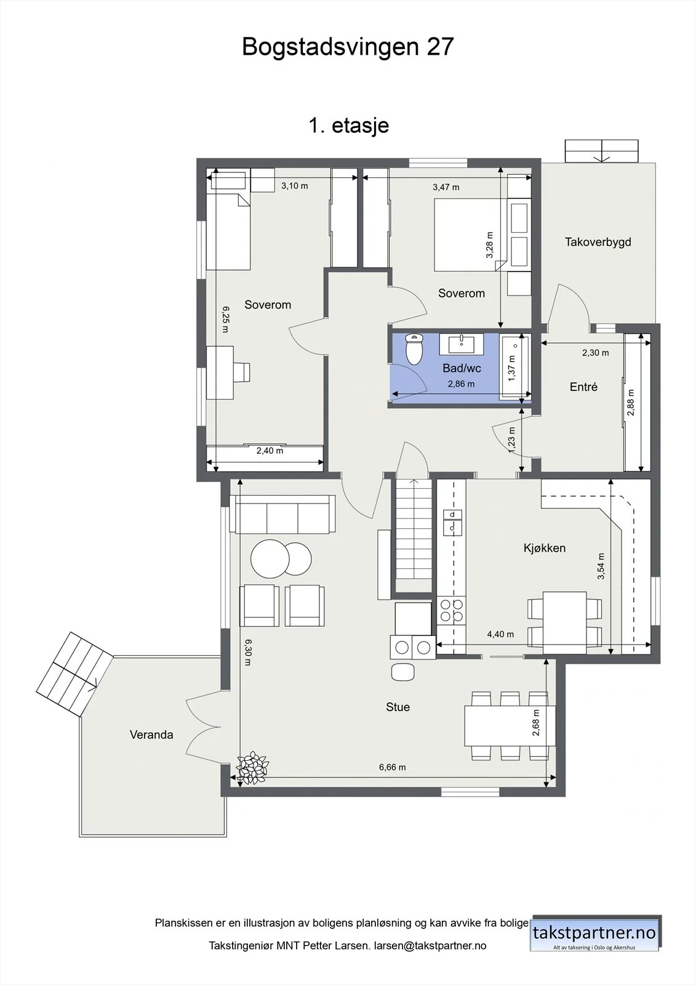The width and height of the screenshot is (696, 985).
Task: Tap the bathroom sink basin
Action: coord(461,344)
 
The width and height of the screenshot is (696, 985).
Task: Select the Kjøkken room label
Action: coord(545,548)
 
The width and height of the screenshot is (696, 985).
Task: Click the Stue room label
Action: coord(398,707)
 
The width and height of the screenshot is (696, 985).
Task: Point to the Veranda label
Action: coord(151,734)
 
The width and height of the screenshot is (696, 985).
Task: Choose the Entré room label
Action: coord(583,387)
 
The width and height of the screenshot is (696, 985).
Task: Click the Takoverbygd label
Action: coord(598,242)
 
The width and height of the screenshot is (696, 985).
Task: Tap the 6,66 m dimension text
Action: coord(393,767)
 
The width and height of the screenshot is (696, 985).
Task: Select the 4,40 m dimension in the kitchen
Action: coord(500,634)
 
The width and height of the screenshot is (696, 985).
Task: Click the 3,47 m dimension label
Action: coord(446,187)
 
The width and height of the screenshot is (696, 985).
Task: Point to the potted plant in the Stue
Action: coord(252,768)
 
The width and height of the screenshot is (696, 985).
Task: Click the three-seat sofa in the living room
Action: coord(282,514)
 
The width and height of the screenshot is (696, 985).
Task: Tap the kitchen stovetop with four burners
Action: coord(452,610)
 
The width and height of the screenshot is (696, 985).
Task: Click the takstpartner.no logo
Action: coord(594,933)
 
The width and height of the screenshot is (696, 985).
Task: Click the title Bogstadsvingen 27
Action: coord(348,47)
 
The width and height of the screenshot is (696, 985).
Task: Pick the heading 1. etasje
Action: coord(349,126)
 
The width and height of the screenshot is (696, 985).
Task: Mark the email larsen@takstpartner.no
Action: coord(430,946)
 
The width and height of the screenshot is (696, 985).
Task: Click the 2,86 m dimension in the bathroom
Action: coord(461,384)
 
